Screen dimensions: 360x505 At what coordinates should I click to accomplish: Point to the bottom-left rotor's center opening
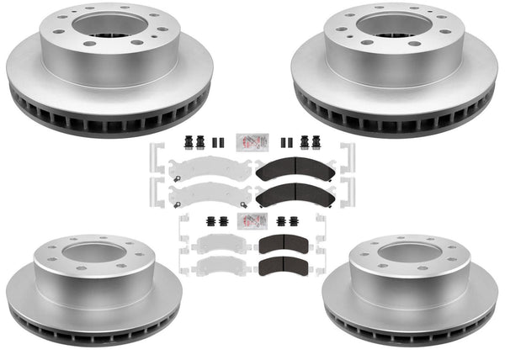(93, 252)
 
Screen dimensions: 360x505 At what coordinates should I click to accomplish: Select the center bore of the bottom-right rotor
(409, 251)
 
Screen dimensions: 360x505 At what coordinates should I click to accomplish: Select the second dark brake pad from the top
(294, 196)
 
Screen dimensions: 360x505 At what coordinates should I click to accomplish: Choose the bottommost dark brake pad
(284, 268)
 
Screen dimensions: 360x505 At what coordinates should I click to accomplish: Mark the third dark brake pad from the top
(284, 245)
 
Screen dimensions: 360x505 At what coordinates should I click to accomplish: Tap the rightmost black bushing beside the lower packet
(296, 223)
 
